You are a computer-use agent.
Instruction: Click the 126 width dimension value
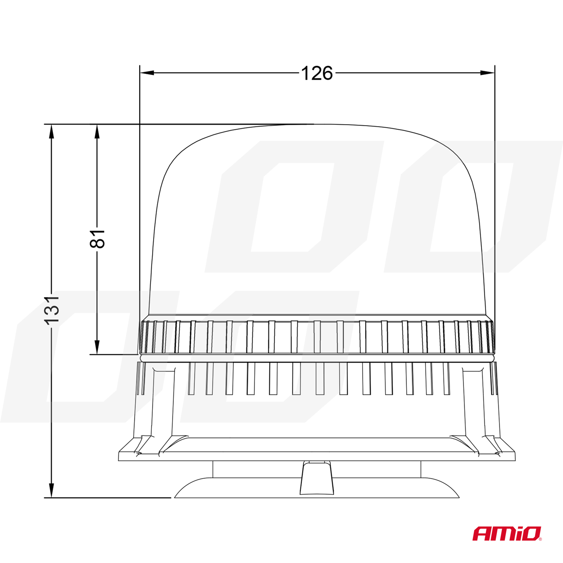tap(317, 73)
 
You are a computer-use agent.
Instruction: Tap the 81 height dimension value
tap(97, 238)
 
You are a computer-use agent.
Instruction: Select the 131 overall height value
tap(52, 310)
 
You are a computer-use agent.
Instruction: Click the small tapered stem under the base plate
tap(317, 478)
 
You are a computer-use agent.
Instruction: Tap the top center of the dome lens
tap(317, 125)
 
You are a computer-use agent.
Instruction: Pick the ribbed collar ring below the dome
tap(317, 336)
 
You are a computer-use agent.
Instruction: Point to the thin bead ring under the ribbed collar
tap(317, 358)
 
